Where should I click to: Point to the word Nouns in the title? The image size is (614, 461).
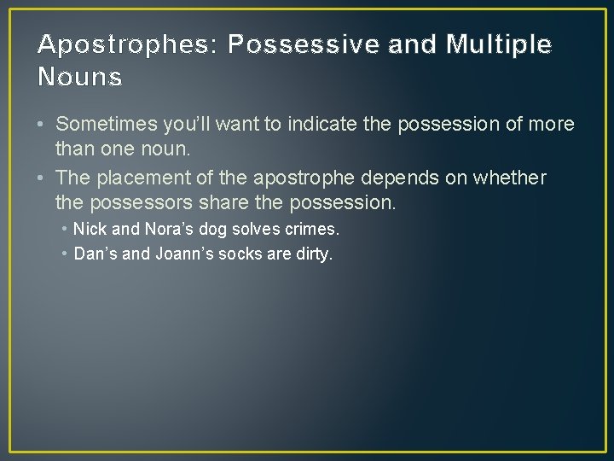coord(80,78)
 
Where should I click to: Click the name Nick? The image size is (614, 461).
coord(90,230)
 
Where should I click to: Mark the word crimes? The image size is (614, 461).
coord(316,230)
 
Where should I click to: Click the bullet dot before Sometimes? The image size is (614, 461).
coord(42,125)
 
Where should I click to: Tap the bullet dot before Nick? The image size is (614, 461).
coord(66,230)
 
